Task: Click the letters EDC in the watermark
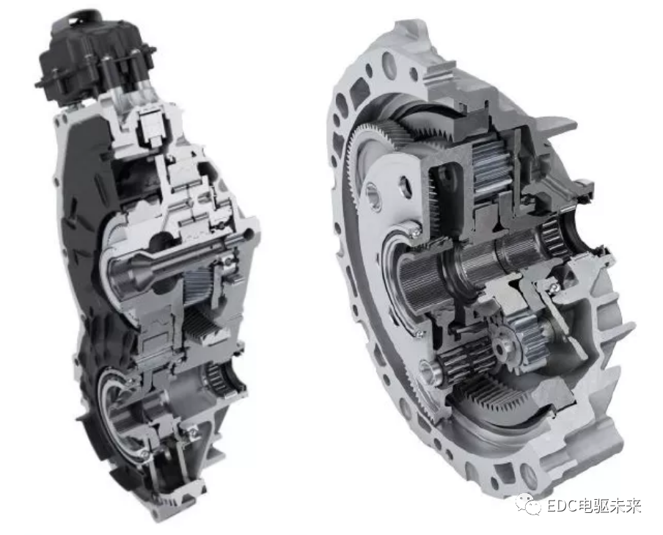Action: [x=562, y=506]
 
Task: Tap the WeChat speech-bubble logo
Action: [x=529, y=504]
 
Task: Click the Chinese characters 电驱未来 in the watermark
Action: [x=609, y=506]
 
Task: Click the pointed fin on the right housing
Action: [x=557, y=122]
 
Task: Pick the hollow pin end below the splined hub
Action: [x=429, y=371]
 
